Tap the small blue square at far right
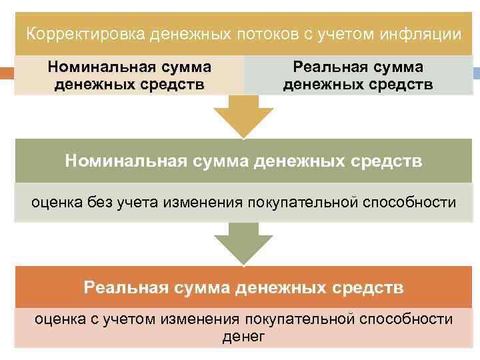click(476, 73)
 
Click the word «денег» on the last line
click(243, 337)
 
